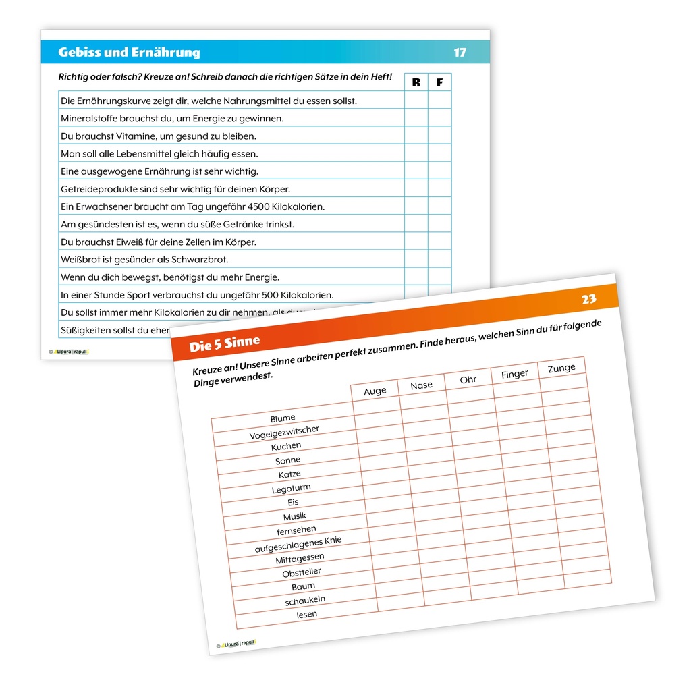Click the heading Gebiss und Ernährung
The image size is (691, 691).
coord(129,53)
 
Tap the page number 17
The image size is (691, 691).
coord(460,53)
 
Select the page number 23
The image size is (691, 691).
coord(588,299)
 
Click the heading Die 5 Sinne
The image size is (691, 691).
coord(225,345)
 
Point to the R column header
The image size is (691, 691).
coord(416,82)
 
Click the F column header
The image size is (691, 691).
coord(440,82)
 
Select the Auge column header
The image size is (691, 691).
coord(375,391)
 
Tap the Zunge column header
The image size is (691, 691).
coord(561,368)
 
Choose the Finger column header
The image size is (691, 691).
coord(515,374)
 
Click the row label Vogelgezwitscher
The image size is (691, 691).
coord(284,432)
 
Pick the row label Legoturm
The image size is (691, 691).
coord(292,488)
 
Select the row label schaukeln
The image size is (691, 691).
coord(305,600)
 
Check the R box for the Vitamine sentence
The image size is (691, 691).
coord(416,136)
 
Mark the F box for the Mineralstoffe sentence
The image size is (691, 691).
coord(440,118)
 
